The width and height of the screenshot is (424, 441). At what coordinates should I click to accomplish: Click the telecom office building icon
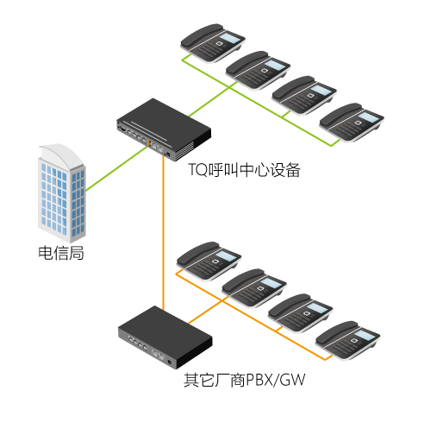click(x=62, y=192)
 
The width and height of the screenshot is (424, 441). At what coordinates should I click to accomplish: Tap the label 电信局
click(x=61, y=253)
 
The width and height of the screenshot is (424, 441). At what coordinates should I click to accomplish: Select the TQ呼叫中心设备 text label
click(x=245, y=170)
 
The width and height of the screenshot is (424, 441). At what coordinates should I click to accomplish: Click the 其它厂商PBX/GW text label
click(x=244, y=380)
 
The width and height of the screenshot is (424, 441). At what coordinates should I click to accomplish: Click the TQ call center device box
click(x=164, y=129)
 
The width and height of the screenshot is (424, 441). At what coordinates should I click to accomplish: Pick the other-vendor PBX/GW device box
click(x=165, y=337)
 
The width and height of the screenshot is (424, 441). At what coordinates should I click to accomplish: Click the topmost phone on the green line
click(x=213, y=43)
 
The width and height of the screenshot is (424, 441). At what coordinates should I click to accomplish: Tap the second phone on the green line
click(x=258, y=70)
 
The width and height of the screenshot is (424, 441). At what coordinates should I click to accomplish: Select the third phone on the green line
click(x=304, y=95)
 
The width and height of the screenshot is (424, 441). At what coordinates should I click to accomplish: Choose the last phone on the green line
click(x=352, y=123)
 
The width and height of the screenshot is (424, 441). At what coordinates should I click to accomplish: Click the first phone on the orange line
click(x=209, y=261)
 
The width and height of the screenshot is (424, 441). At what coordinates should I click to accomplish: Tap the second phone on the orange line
click(x=254, y=288)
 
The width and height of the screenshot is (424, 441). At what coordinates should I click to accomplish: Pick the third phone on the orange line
click(x=300, y=313)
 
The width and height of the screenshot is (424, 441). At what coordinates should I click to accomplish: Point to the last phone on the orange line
click(x=348, y=340)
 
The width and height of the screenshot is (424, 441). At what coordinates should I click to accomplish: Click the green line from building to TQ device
click(x=116, y=168)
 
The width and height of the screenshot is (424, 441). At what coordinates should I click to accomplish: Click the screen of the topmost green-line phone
click(x=231, y=38)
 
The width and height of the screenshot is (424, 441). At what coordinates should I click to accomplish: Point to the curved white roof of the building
click(x=62, y=156)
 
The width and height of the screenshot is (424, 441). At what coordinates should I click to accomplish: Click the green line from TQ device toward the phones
click(x=213, y=99)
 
